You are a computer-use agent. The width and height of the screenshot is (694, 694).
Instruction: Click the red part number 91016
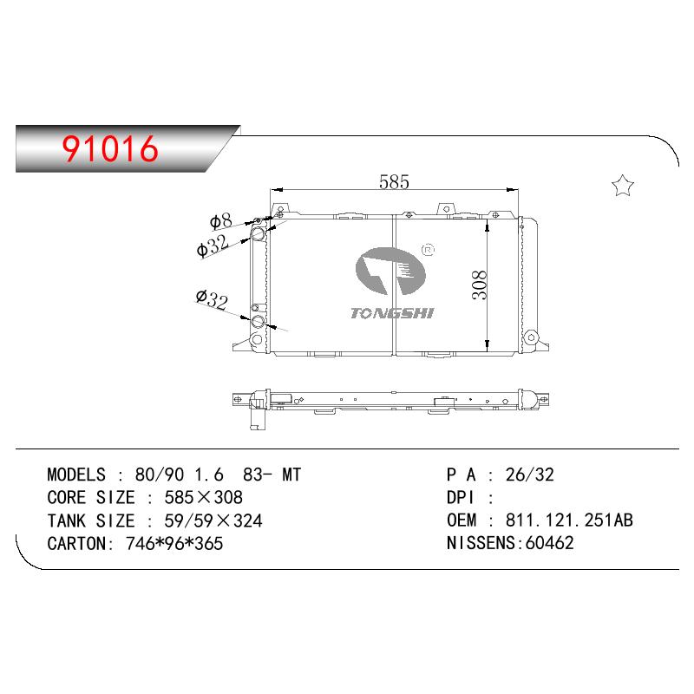[110, 148]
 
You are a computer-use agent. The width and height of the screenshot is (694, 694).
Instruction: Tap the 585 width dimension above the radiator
[394, 181]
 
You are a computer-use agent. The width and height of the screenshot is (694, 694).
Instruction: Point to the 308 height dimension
[480, 285]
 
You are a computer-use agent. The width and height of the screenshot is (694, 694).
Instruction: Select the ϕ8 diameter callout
[220, 221]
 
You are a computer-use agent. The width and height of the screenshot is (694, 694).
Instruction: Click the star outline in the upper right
[623, 186]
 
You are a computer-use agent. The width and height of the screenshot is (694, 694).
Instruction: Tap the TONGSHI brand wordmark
[392, 313]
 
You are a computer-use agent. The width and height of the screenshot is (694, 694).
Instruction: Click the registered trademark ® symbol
[429, 250]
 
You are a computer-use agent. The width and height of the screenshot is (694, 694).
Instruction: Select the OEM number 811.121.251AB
[569, 520]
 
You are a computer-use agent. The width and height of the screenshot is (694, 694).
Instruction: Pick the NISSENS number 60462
[549, 543]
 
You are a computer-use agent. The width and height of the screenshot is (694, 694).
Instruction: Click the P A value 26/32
[530, 475]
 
